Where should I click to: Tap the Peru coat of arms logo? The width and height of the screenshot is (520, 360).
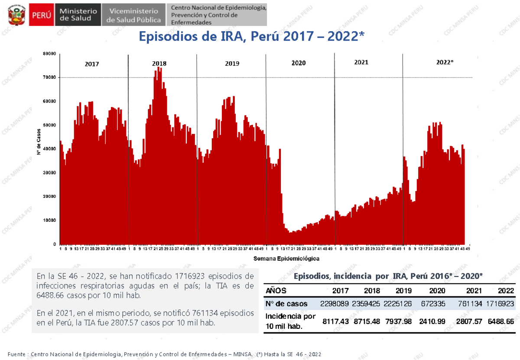pyautogui.click(x=16, y=15)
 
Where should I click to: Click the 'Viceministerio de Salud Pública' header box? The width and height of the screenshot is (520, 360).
pyautogui.click(x=134, y=15)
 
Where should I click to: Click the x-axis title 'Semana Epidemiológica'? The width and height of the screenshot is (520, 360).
pyautogui.click(x=286, y=259)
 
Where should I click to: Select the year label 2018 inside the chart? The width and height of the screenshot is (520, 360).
pyautogui.click(x=159, y=64)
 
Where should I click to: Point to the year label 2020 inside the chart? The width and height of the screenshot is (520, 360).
pyautogui.click(x=299, y=63)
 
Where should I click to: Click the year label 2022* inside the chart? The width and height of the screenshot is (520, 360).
pyautogui.click(x=445, y=62)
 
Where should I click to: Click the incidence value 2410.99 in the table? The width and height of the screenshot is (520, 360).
pyautogui.click(x=431, y=321)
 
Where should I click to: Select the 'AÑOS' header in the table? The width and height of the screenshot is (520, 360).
pyautogui.click(x=276, y=291)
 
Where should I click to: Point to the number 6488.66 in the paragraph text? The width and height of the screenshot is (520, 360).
pyautogui.click(x=52, y=295)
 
